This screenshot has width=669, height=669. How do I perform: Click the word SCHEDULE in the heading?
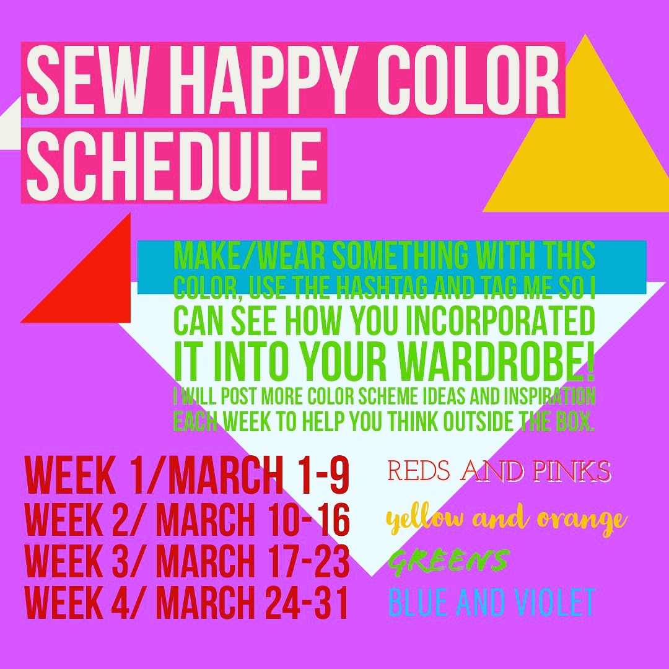[x=173, y=165]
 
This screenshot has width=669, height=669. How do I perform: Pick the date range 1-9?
[x=323, y=475]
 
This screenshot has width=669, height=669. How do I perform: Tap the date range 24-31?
[x=307, y=602]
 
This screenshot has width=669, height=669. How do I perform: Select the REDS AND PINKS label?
[x=499, y=471]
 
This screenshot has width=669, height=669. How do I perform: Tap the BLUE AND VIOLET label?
[x=491, y=602]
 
